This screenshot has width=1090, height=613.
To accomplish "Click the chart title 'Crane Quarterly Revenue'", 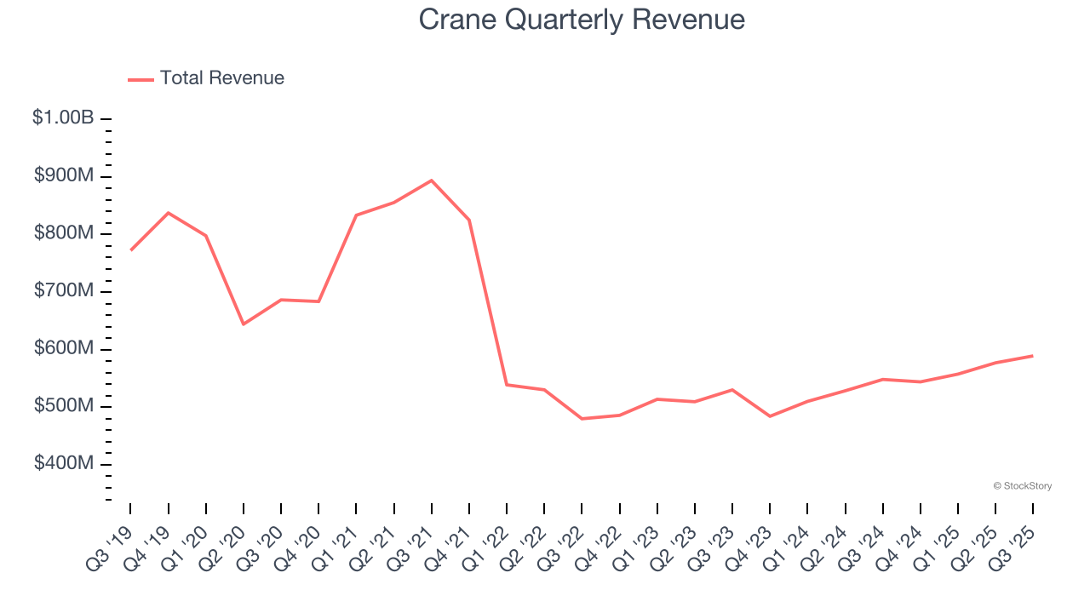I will [x=582, y=20].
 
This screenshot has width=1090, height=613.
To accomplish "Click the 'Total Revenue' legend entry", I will [x=206, y=78].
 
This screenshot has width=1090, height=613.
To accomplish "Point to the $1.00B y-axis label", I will [x=63, y=118].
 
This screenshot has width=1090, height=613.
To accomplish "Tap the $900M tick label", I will [x=64, y=176].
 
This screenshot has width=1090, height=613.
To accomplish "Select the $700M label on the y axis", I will [x=64, y=291].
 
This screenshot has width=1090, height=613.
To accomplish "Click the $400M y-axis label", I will [x=64, y=463].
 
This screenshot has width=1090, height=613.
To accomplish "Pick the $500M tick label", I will [x=64, y=406].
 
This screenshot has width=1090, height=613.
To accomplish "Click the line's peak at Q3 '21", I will [x=431, y=180].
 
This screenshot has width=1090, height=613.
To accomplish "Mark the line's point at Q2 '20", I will [x=244, y=324].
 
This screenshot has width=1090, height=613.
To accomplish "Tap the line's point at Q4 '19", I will [x=169, y=213].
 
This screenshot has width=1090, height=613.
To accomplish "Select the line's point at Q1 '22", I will [x=507, y=385].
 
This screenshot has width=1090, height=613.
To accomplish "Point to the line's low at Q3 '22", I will [x=582, y=419].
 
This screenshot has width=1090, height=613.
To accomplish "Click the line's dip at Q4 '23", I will [x=770, y=416].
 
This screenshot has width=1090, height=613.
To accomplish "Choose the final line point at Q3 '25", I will [x=1033, y=356].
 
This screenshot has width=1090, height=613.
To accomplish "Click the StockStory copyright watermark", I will [x=1022, y=486].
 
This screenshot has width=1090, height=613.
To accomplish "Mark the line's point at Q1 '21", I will [x=356, y=215].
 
